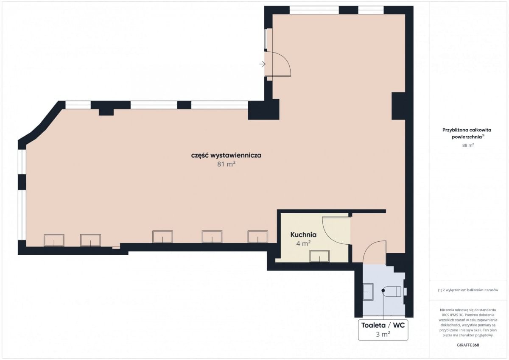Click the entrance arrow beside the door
(x=263, y=64)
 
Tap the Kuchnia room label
(x=303, y=234)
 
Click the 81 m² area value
(x=226, y=164)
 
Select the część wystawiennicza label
(x=226, y=156)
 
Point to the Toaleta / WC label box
(x=383, y=330)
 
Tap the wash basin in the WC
(x=368, y=292)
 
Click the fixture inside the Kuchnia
(x=319, y=256)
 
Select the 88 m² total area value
(x=468, y=145)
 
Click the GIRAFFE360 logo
(x=468, y=345)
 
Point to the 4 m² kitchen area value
(x=303, y=244)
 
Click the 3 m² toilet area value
(x=383, y=334)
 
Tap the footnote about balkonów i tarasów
(x=468, y=290)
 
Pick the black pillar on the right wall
(x=398, y=106)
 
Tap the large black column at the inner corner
(x=263, y=110)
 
